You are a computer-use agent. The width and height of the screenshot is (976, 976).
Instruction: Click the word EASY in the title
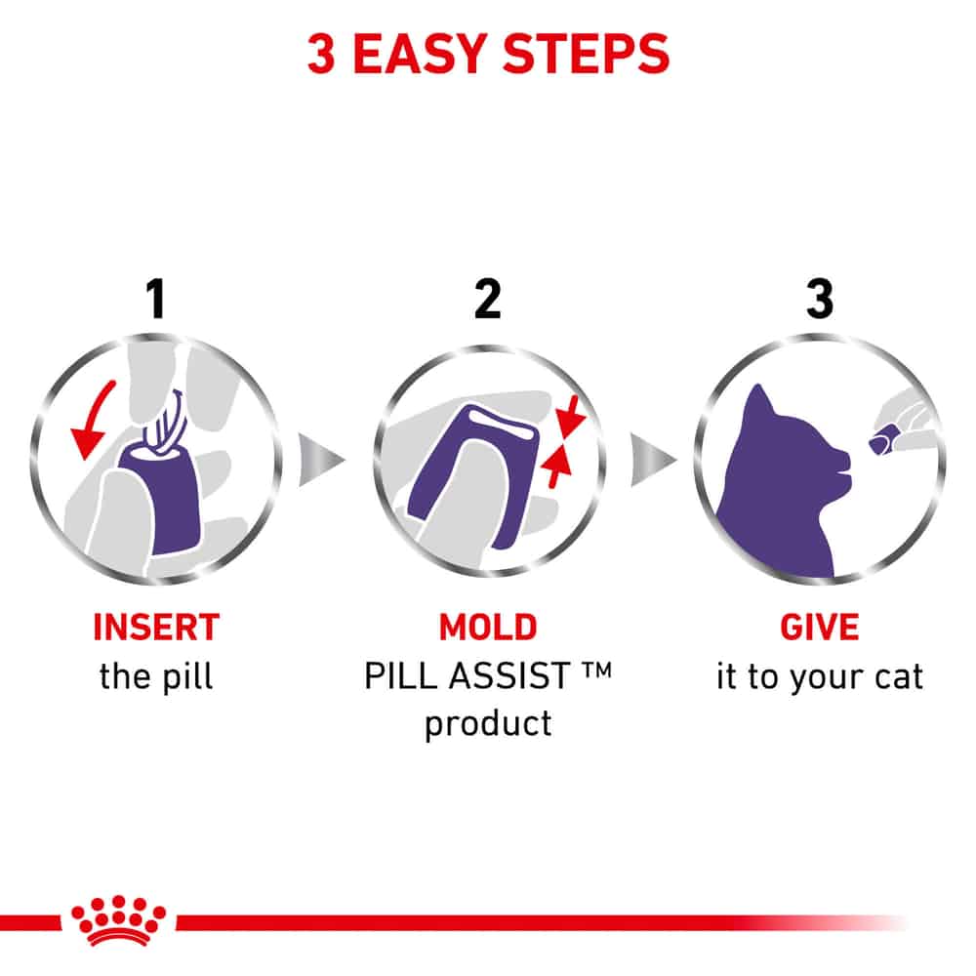pyautogui.click(x=420, y=54)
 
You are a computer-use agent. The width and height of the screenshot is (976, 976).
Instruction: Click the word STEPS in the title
pyautogui.click(x=586, y=54)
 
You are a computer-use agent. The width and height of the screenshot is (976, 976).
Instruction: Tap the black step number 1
pyautogui.click(x=155, y=299)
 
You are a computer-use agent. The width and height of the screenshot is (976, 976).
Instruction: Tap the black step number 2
pyautogui.click(x=487, y=299)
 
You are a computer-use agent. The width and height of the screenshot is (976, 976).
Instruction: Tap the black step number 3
pyautogui.click(x=820, y=299)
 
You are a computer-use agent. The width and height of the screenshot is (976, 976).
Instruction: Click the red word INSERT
pyautogui.click(x=156, y=627)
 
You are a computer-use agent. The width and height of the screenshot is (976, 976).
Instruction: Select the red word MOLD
pyautogui.click(x=488, y=627)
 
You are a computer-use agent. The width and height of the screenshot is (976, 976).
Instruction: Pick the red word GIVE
pyautogui.click(x=820, y=627)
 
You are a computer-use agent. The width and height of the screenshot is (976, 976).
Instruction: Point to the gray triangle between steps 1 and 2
pyautogui.click(x=319, y=460)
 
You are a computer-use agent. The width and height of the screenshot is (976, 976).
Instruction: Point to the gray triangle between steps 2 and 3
pyautogui.click(x=652, y=460)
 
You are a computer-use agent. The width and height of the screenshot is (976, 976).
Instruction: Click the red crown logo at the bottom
pyautogui.click(x=118, y=920)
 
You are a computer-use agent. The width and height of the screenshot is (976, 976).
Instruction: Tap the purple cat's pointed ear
pyautogui.click(x=758, y=401)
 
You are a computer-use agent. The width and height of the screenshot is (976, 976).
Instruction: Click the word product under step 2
pyautogui.click(x=488, y=724)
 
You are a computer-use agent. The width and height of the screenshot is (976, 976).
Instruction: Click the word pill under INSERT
pyautogui.click(x=187, y=677)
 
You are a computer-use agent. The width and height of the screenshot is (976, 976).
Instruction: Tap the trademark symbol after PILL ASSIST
pyautogui.click(x=597, y=671)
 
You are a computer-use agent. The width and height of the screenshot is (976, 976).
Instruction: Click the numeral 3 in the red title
pyautogui.click(x=322, y=54)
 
